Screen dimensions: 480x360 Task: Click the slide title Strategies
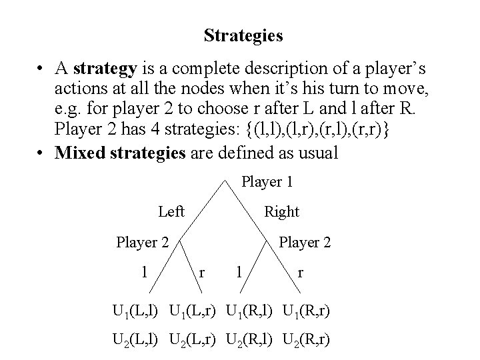(243, 35)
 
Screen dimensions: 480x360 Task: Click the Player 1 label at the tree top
(267, 181)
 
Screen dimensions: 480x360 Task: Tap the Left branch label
(171, 211)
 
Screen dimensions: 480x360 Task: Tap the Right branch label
(281, 212)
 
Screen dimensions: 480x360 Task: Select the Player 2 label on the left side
(142, 242)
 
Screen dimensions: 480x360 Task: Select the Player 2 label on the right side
(305, 242)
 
